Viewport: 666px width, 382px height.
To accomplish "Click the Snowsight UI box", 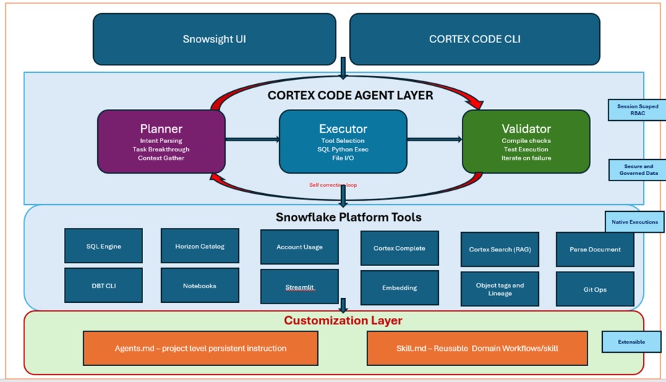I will (214, 40).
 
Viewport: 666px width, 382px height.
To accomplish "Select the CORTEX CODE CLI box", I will (474, 40).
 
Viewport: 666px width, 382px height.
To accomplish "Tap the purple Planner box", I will (161, 141).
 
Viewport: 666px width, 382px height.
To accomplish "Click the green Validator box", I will (526, 141).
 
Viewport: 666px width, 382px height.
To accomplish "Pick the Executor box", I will (342, 141).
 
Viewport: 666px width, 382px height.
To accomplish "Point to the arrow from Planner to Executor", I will (252, 140).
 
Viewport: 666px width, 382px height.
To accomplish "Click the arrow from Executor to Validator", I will (434, 140).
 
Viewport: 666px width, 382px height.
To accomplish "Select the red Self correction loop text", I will (333, 185).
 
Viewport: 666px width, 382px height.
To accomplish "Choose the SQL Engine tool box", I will (103, 246).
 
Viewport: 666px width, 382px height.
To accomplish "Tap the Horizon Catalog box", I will (200, 246).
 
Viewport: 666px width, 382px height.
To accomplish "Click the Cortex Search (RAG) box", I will (499, 249).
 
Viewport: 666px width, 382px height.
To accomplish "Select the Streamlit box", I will (299, 287).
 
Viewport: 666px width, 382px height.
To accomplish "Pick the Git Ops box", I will (594, 289).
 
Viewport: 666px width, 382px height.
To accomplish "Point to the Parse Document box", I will (594, 249).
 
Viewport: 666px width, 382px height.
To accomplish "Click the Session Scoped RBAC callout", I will (637, 110).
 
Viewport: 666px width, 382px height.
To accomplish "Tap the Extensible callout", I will (631, 342).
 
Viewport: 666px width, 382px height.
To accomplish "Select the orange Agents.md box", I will (200, 348).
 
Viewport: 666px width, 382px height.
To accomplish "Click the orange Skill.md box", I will (476, 348).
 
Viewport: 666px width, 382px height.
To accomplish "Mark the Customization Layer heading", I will (342, 321).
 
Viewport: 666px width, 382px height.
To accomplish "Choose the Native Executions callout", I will (634, 222).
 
